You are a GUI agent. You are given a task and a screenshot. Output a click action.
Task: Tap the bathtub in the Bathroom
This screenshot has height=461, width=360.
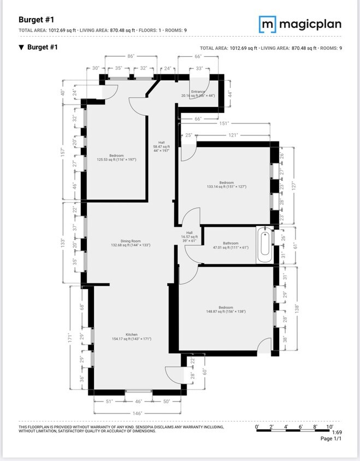click(x=265, y=245)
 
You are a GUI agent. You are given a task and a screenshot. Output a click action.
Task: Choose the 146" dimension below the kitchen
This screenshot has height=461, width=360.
click(x=137, y=413)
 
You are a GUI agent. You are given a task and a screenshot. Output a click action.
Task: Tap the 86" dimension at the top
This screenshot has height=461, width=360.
click(x=131, y=56)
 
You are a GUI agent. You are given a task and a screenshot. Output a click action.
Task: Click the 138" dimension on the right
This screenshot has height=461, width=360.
click(x=296, y=308)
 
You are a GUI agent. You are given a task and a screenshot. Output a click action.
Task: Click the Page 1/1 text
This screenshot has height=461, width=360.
click(x=331, y=439)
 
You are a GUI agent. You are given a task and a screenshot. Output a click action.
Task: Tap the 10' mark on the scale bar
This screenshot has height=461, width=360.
click(x=329, y=427)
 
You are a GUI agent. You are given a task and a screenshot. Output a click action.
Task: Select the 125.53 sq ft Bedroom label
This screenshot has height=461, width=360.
click(x=116, y=157)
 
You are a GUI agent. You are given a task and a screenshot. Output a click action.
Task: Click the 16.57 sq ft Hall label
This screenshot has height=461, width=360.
click(x=190, y=237)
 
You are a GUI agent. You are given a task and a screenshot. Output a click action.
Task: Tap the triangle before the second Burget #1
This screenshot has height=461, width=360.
click(x=21, y=48)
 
